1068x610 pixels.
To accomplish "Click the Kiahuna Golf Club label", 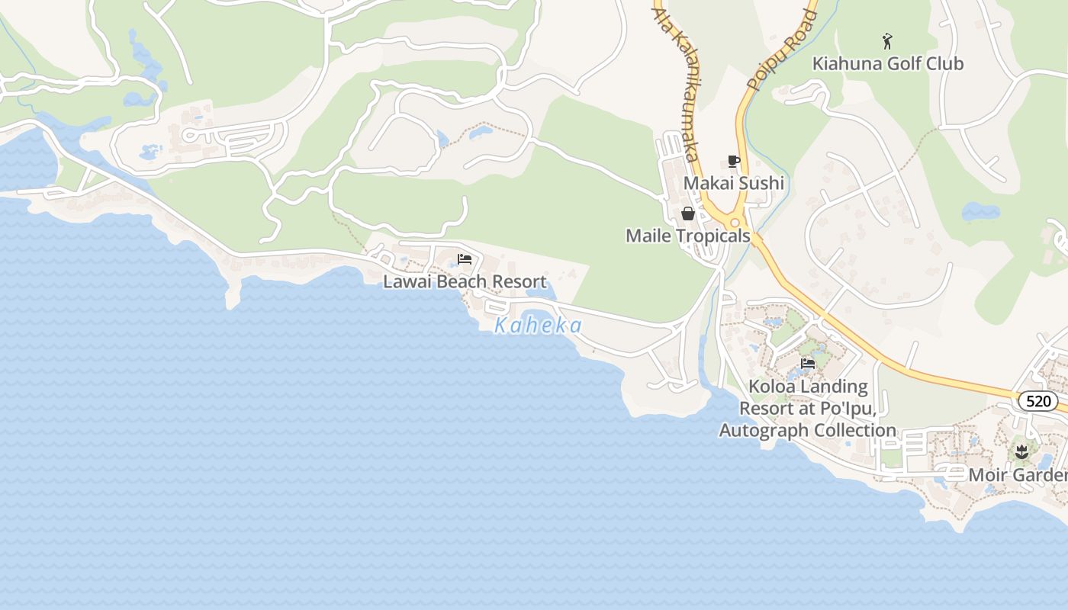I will pos(888,63).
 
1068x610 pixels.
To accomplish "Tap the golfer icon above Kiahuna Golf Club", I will pos(887,41).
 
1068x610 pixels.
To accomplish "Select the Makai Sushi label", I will pos(733,183).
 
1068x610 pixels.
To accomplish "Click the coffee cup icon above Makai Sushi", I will pos(733,161).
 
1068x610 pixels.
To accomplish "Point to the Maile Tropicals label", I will pos(687,236).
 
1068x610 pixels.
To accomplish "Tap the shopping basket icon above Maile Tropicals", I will pos(687,213).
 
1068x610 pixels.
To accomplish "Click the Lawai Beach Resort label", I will pos(465,281).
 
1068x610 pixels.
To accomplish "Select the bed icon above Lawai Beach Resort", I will pos(465,259).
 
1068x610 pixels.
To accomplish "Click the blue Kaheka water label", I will pos(538,326).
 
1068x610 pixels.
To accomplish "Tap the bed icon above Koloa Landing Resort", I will pos(808,364).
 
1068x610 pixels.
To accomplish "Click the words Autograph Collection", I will pos(808,430).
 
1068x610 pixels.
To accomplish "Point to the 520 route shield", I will pos(1038,401).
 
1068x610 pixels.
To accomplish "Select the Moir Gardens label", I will pos(1018,475).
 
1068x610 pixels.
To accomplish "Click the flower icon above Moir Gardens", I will pos(1021,453).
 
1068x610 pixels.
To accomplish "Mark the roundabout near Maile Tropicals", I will pos(735,223).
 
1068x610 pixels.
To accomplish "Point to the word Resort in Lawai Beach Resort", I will pos(519,281).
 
